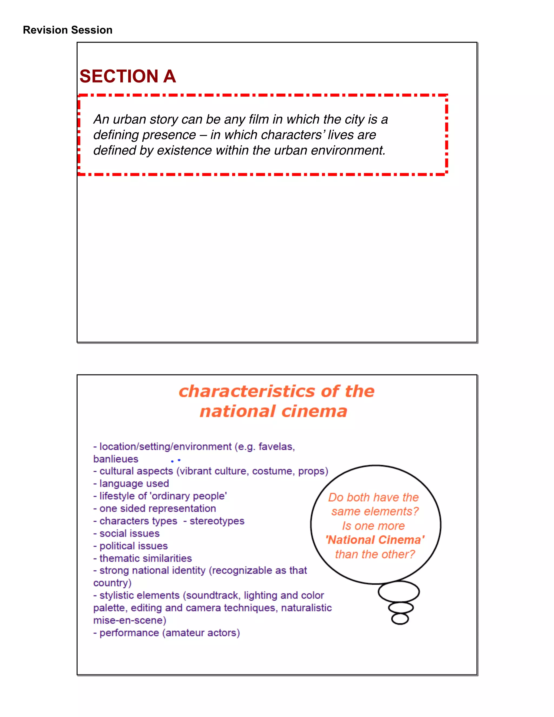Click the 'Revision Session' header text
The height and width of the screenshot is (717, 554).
tap(68, 30)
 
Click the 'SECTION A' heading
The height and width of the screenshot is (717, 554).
tap(128, 76)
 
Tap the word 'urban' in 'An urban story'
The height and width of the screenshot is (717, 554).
tap(130, 120)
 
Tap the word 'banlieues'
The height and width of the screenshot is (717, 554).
tap(116, 459)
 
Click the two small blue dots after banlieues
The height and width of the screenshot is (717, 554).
tap(176, 461)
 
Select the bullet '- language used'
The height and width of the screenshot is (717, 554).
tap(131, 484)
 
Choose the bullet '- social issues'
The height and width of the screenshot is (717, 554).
tap(127, 534)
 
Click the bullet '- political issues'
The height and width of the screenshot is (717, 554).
tap(131, 546)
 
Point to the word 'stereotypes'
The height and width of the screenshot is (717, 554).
tap(217, 521)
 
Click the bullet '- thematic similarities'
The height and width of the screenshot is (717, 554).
tap(143, 558)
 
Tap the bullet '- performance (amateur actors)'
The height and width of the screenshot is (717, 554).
tap(167, 633)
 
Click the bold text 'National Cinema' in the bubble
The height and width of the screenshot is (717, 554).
tap(375, 540)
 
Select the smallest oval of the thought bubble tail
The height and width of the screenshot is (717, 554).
tap(400, 619)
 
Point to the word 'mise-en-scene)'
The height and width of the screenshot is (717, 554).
tap(130, 620)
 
